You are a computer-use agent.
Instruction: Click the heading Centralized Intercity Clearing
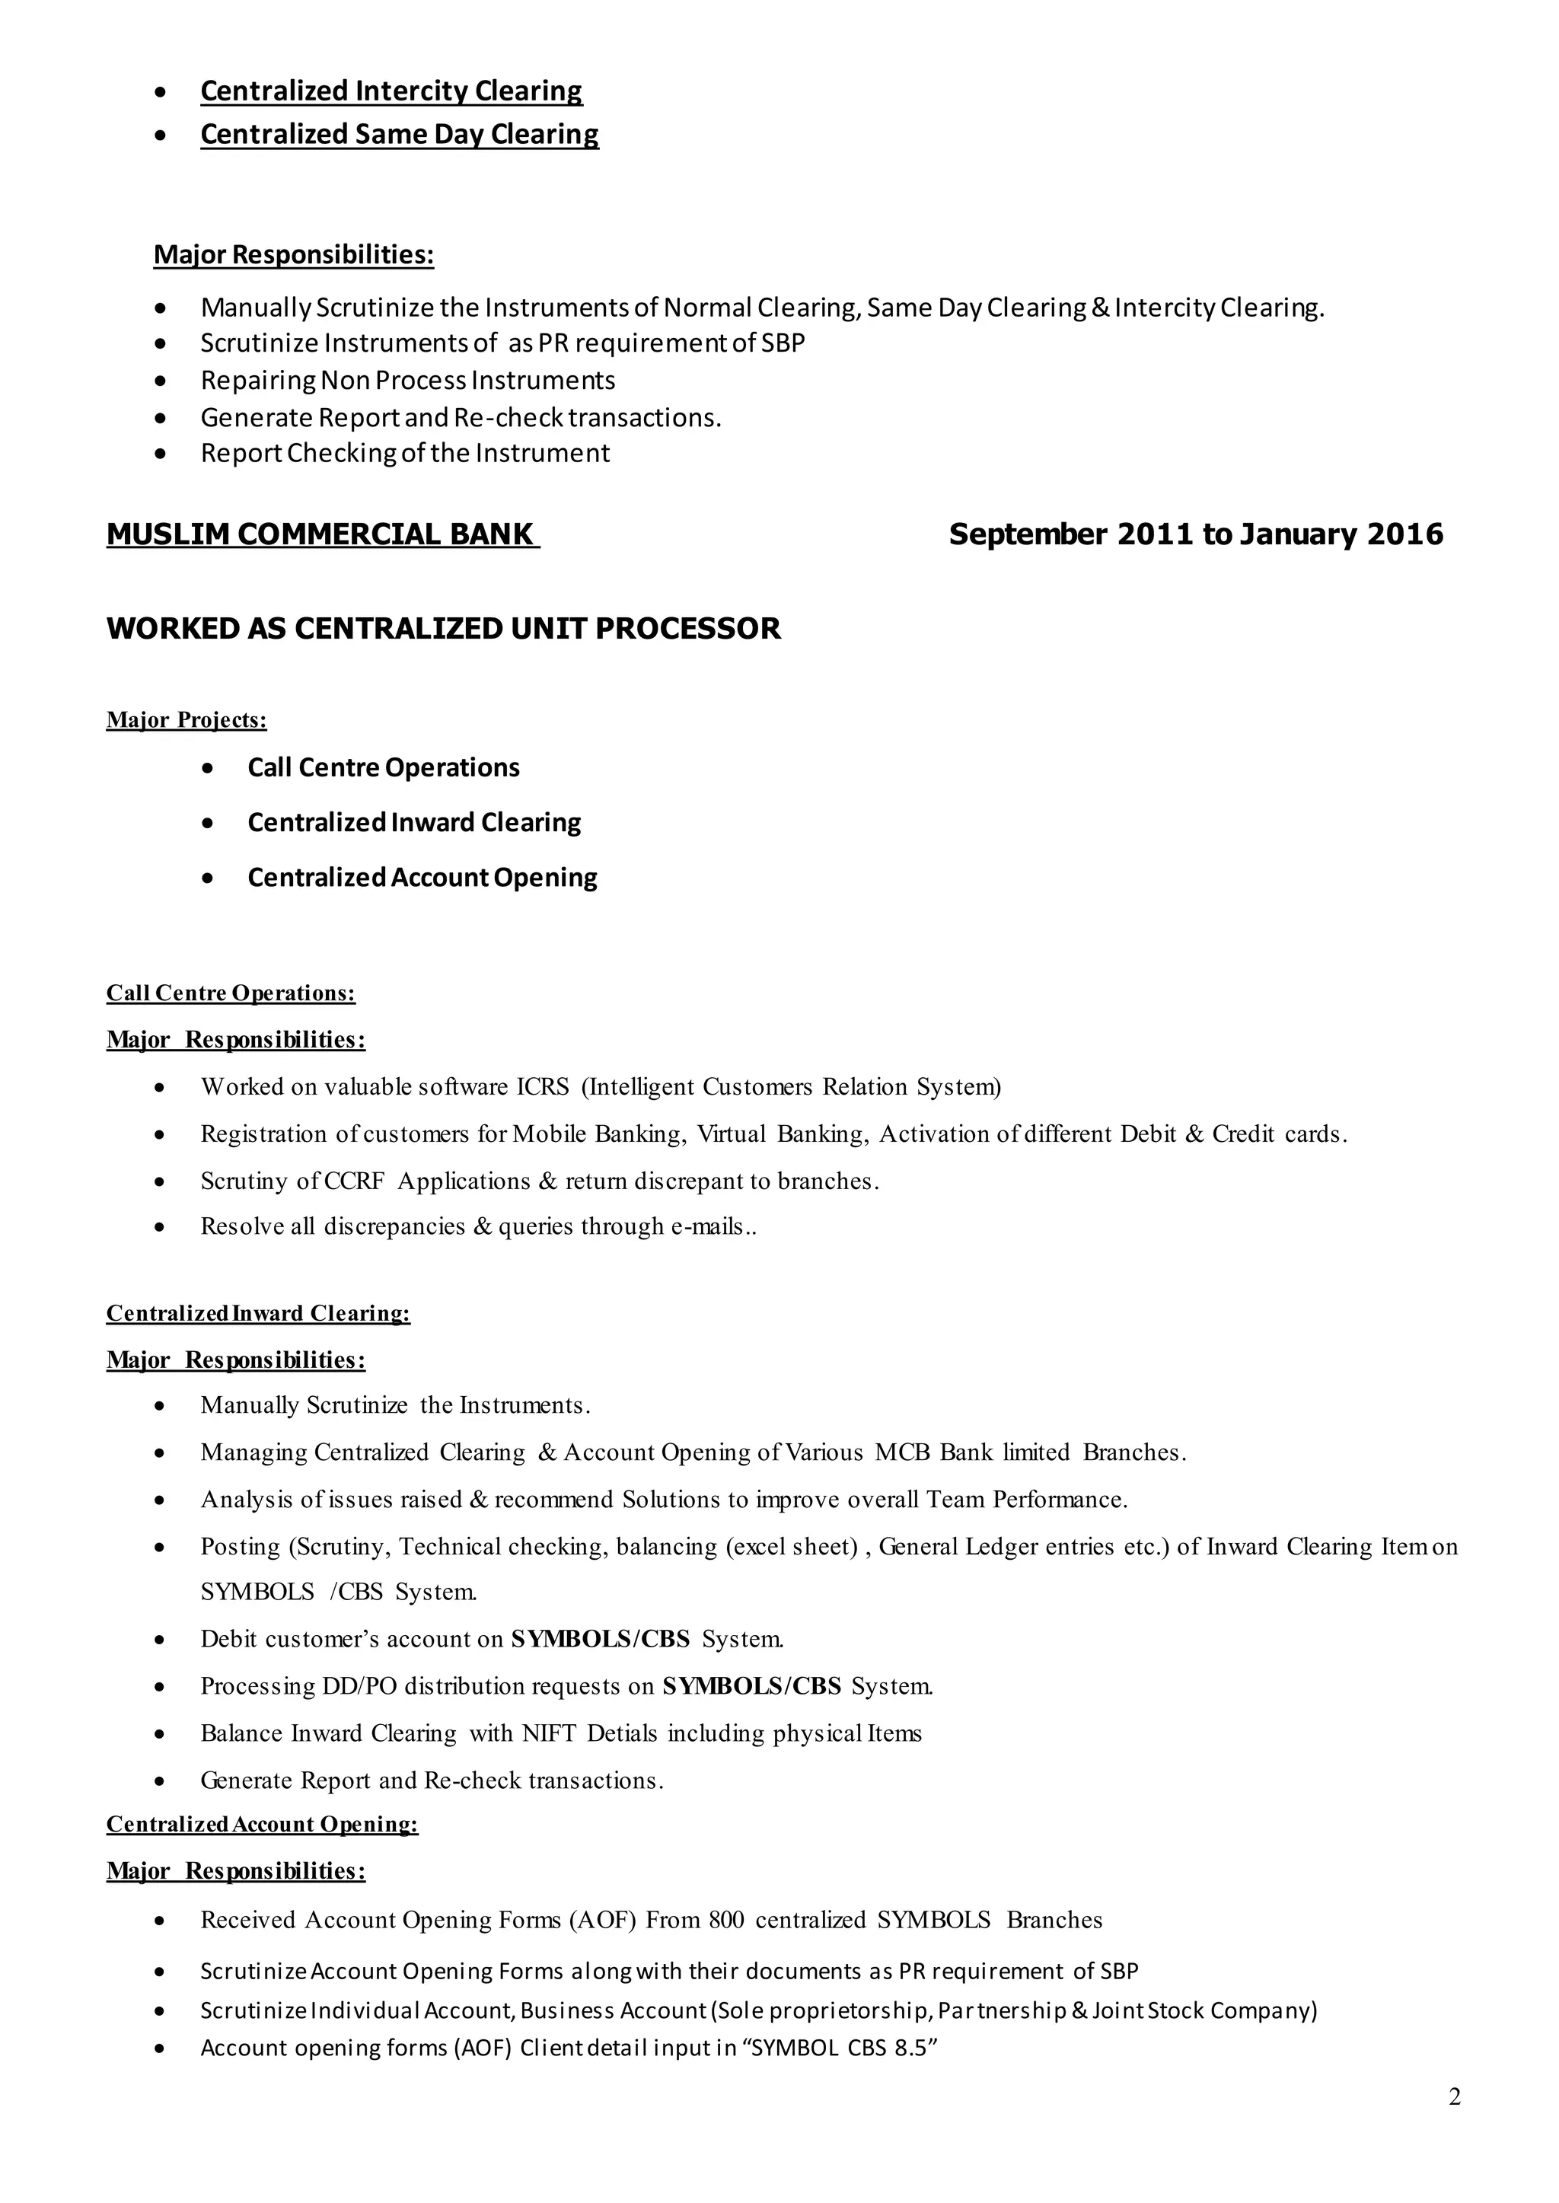[391, 91]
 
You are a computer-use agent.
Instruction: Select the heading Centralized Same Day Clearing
[400, 135]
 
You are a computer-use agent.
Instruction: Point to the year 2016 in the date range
[1405, 534]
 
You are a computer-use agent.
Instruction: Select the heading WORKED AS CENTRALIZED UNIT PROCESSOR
[444, 629]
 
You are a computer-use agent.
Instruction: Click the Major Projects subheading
[187, 720]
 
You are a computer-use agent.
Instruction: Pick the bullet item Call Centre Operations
[383, 768]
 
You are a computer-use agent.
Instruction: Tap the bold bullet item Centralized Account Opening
[422, 878]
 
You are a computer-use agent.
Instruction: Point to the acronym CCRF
[354, 1181]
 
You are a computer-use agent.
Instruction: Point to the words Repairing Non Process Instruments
[408, 381]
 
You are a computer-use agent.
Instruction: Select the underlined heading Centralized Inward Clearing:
[258, 1313]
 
